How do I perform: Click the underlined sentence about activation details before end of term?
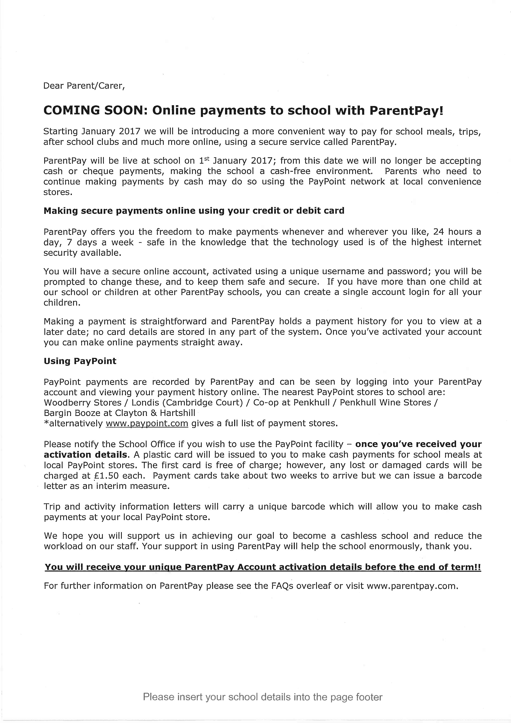[263, 567]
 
